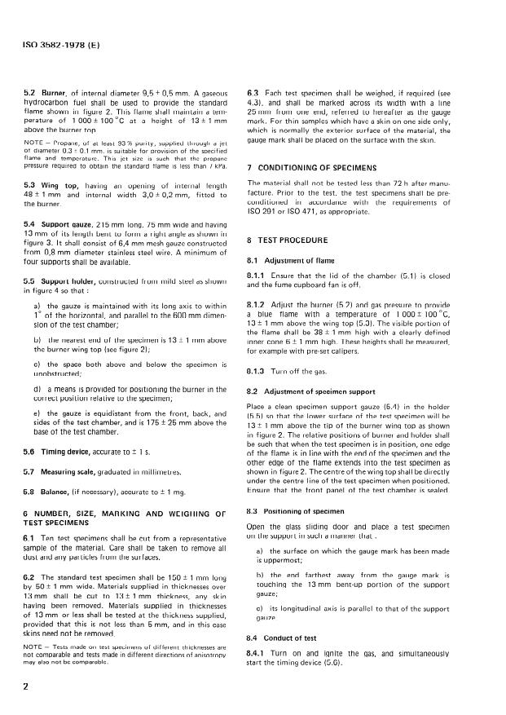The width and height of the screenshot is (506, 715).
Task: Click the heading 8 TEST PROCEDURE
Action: pyautogui.click(x=289, y=241)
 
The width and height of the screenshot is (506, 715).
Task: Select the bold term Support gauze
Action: pyautogui.click(x=66, y=223)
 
